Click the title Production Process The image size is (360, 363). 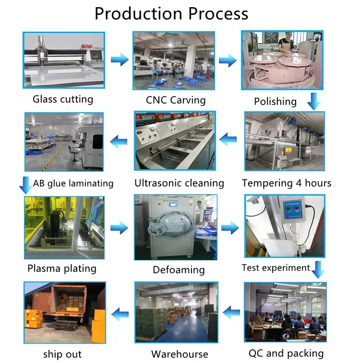click(171, 13)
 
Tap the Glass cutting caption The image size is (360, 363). click(63, 99)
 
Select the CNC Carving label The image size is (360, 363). click(176, 100)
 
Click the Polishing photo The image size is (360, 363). click(282, 60)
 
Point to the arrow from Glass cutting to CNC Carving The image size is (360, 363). click(119, 60)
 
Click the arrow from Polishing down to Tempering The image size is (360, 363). click(313, 101)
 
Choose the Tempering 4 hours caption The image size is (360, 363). click(287, 183)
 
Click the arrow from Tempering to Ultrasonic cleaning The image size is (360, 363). click(228, 140)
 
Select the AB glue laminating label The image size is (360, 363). click(73, 183)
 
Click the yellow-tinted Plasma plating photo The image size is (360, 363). click(64, 227)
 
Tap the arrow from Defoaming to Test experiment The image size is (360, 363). click(230, 228)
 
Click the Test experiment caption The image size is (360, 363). click(276, 268)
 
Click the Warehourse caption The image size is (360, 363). click(180, 354)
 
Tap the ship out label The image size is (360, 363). click(62, 354)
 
